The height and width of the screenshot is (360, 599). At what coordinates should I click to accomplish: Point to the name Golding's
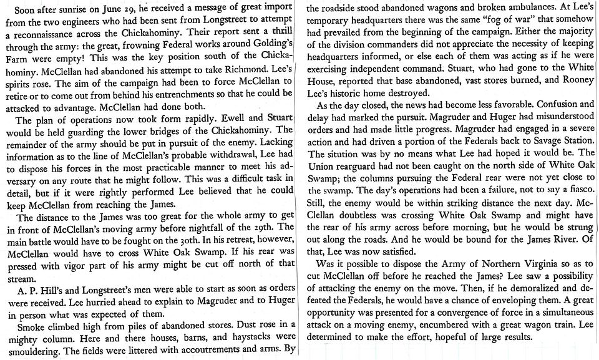[x=266, y=47]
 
